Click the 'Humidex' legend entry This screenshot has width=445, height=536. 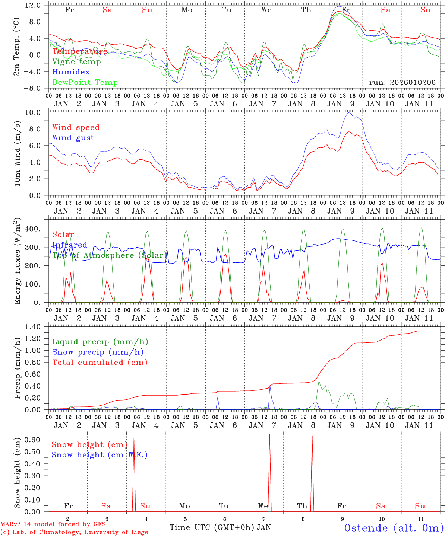(71, 72)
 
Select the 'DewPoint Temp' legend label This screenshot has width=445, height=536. (85, 83)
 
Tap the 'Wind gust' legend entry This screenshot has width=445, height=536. (73, 138)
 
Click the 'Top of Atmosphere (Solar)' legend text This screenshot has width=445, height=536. (110, 255)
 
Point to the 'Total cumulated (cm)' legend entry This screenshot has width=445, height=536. (100, 362)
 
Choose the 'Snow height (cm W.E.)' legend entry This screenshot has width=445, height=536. (100, 455)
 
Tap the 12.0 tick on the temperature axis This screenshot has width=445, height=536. (33, 5)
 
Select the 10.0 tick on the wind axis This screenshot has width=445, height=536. (35, 112)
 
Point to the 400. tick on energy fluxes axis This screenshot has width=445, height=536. (33, 229)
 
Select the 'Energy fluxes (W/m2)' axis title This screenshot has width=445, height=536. (17, 262)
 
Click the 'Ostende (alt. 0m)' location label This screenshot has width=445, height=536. (394, 528)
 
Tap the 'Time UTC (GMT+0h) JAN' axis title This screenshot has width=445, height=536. (220, 527)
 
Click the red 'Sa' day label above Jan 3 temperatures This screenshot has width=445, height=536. (107, 10)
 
